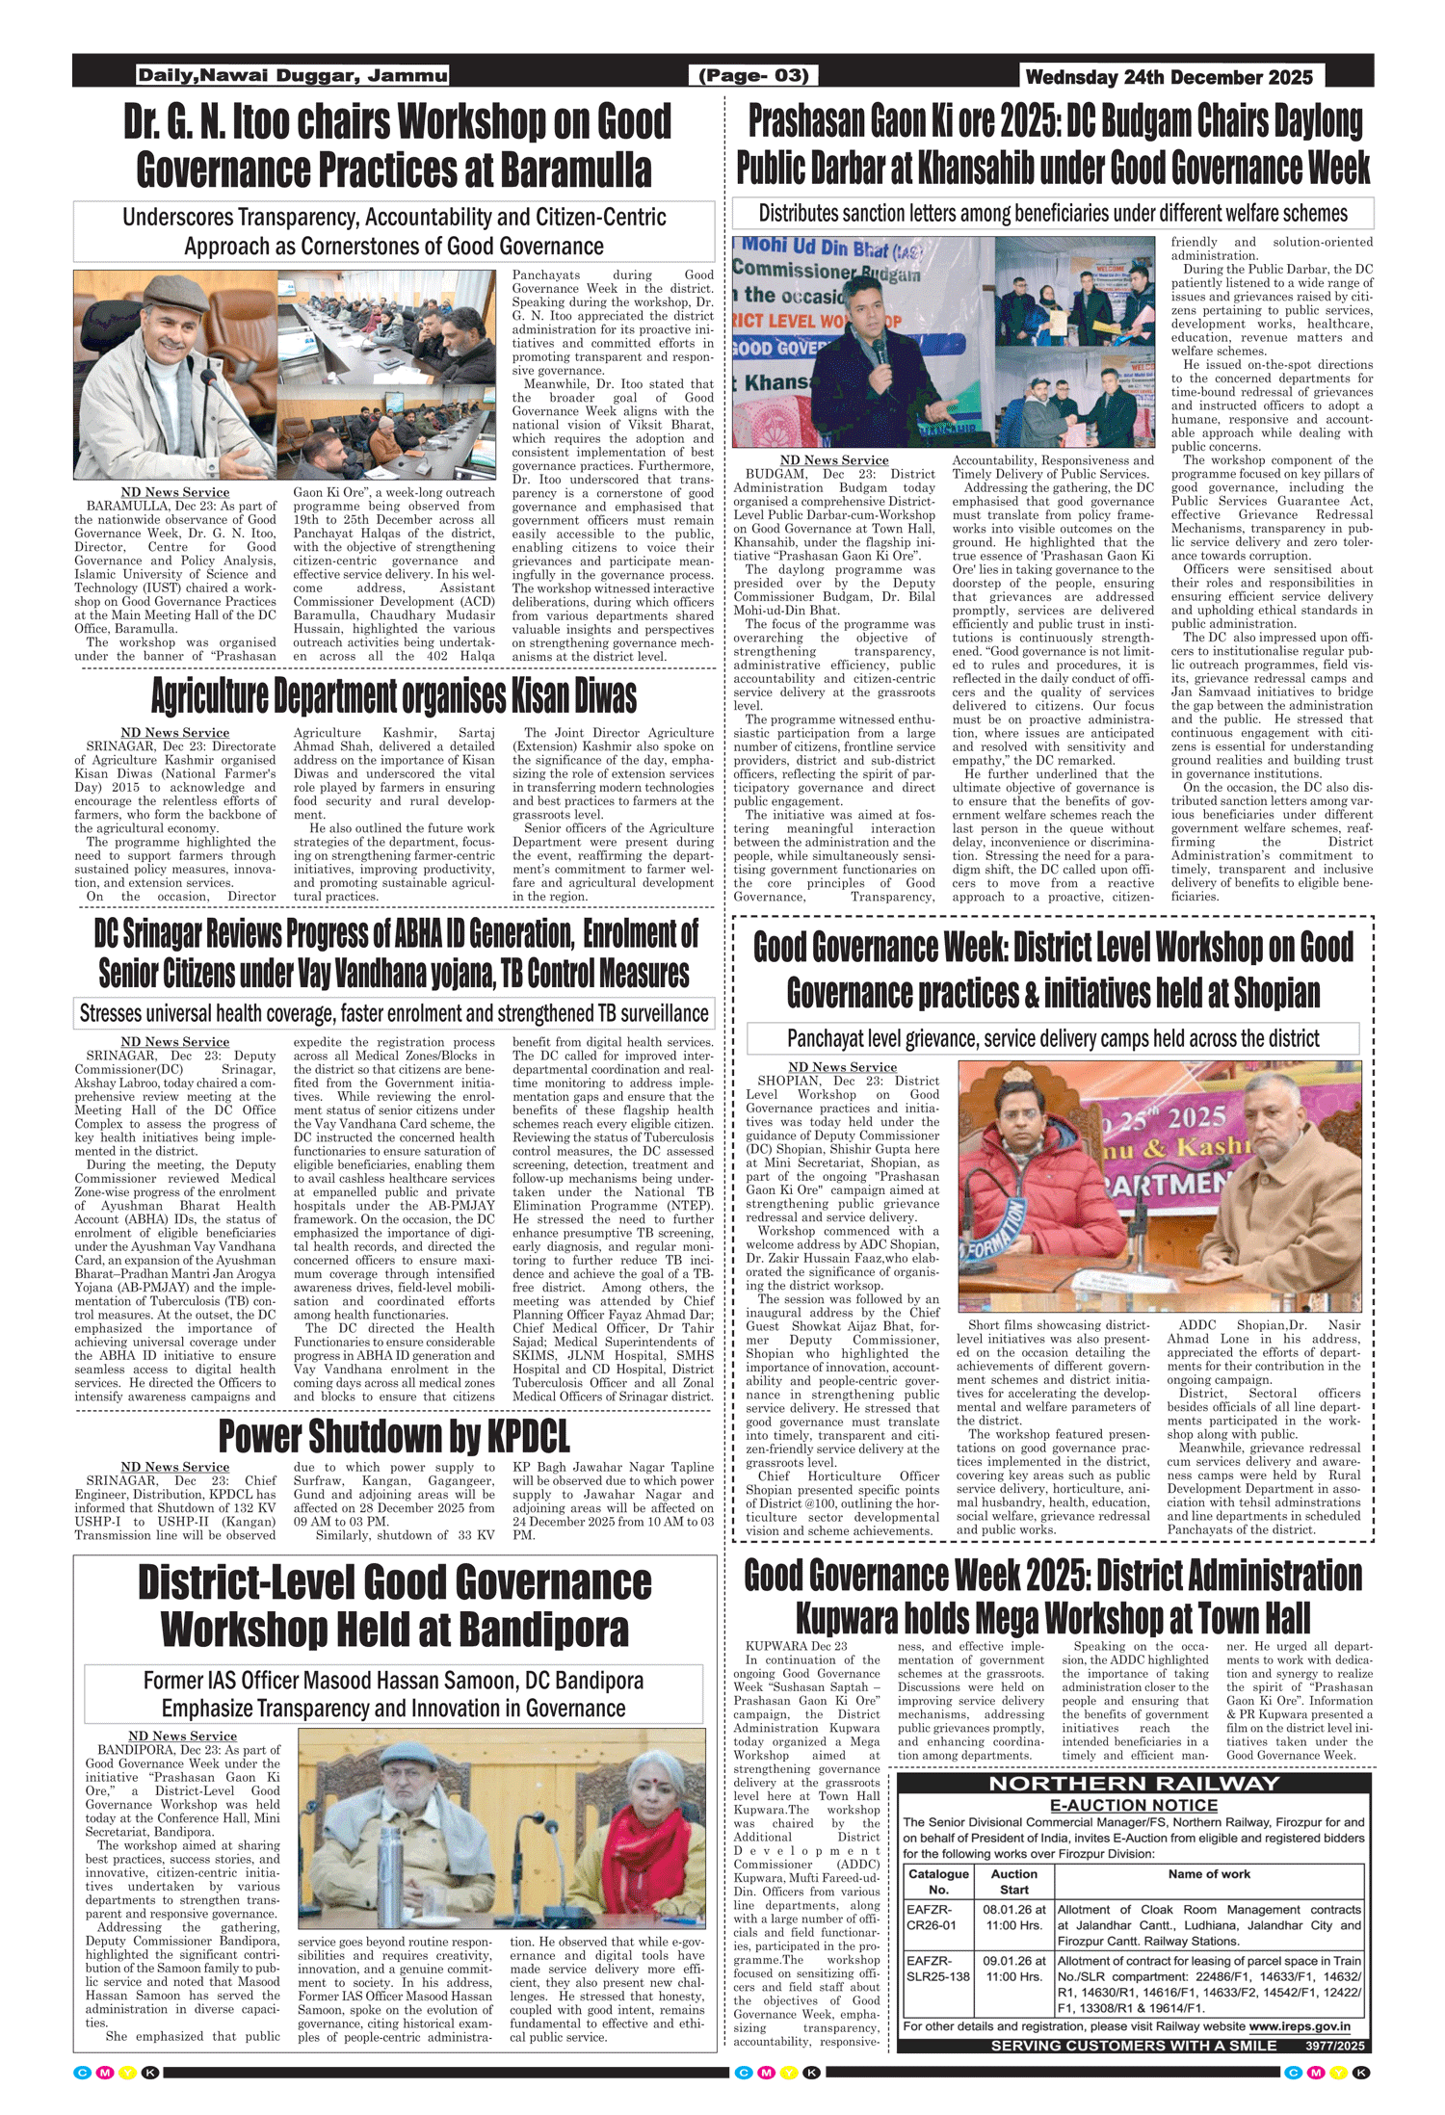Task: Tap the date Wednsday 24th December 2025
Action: (1169, 77)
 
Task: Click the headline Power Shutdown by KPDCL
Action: (394, 1436)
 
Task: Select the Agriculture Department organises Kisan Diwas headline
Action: (394, 695)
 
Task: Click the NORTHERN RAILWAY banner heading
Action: (1134, 1784)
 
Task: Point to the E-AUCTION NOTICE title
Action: (1134, 1805)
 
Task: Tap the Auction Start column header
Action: (1013, 1881)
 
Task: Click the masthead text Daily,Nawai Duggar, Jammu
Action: (292, 75)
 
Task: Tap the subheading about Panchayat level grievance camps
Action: (1052, 1038)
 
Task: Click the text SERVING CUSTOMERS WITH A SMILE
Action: (1133, 2045)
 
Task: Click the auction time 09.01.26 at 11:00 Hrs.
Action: (1013, 1969)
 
